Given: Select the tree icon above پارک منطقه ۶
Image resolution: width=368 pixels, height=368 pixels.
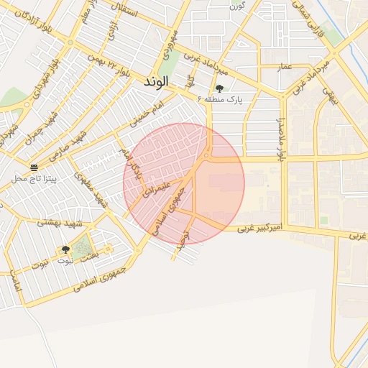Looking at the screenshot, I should pyautogui.click(x=219, y=88).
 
